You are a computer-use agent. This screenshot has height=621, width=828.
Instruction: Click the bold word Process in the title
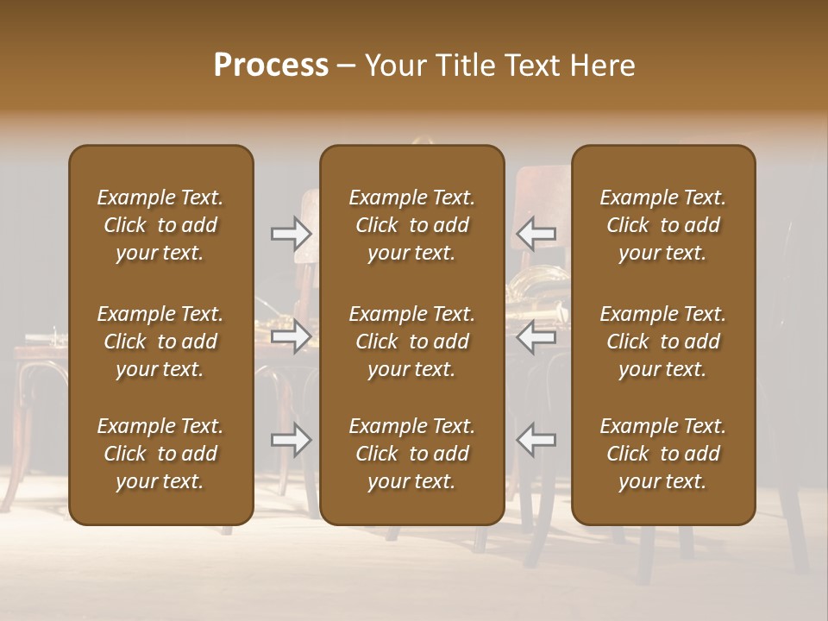pyautogui.click(x=271, y=66)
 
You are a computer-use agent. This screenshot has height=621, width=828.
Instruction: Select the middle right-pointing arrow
pyautogui.click(x=292, y=336)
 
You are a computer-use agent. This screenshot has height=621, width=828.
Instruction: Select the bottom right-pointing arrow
pyautogui.click(x=292, y=440)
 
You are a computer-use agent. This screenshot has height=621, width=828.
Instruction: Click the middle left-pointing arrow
pyautogui.click(x=536, y=336)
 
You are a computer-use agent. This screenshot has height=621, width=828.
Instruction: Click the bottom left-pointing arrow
pyautogui.click(x=536, y=440)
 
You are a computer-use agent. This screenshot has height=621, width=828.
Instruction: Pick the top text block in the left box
pyautogui.click(x=160, y=225)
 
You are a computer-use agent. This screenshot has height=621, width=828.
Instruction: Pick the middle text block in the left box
pyautogui.click(x=160, y=342)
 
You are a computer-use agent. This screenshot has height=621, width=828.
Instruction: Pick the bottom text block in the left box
pyautogui.click(x=160, y=454)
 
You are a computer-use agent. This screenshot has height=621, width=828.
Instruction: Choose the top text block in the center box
pyautogui.click(x=411, y=225)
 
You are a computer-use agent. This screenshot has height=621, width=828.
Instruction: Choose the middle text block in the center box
pyautogui.click(x=411, y=342)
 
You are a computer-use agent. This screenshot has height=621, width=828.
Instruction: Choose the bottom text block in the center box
pyautogui.click(x=411, y=454)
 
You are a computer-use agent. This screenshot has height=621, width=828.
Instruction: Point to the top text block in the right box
pyautogui.click(x=662, y=225)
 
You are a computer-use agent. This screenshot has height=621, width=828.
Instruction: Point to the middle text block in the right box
pyautogui.click(x=662, y=342)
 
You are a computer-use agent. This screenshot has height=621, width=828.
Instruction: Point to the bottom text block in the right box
pyautogui.click(x=662, y=454)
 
